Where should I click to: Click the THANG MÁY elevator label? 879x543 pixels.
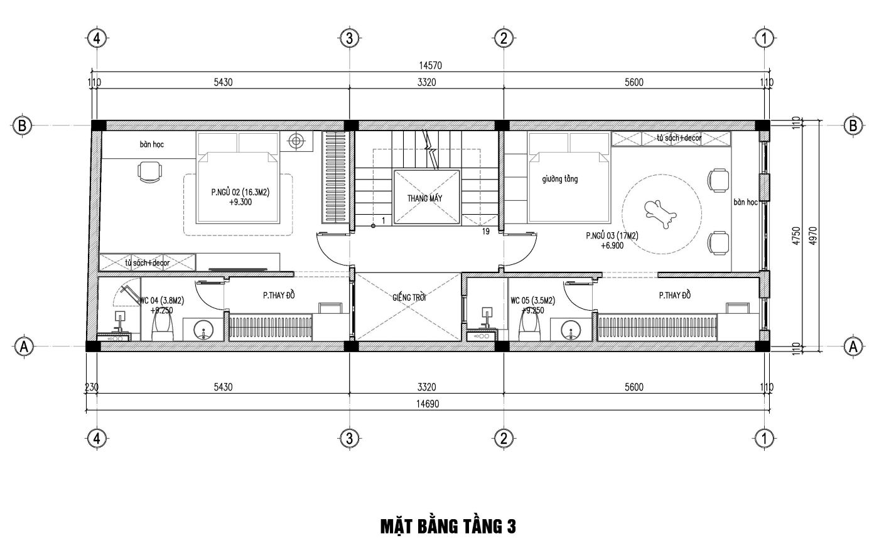[x=424, y=198]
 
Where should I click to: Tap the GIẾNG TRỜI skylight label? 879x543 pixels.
[x=409, y=298]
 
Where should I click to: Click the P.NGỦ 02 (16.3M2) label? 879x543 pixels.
[x=240, y=192]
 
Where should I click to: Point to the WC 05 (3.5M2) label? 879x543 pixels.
[x=532, y=301]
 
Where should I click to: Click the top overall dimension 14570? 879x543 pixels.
[x=431, y=65]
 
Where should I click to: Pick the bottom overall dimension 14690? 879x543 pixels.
[x=428, y=404]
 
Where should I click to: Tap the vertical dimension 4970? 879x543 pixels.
[x=813, y=236]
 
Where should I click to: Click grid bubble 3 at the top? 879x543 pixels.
[x=349, y=38]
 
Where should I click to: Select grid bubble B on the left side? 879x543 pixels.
[x=23, y=126]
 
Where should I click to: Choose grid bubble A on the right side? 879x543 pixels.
[x=853, y=347]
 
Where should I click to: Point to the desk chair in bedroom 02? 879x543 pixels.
[x=150, y=172]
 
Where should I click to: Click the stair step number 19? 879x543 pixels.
[x=486, y=232]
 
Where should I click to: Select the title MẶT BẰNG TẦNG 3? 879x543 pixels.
[x=448, y=527]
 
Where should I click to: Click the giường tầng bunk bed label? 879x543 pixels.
[x=560, y=180]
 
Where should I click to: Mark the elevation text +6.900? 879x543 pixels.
[x=612, y=246]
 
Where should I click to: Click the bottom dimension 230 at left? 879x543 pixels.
[x=92, y=387]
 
